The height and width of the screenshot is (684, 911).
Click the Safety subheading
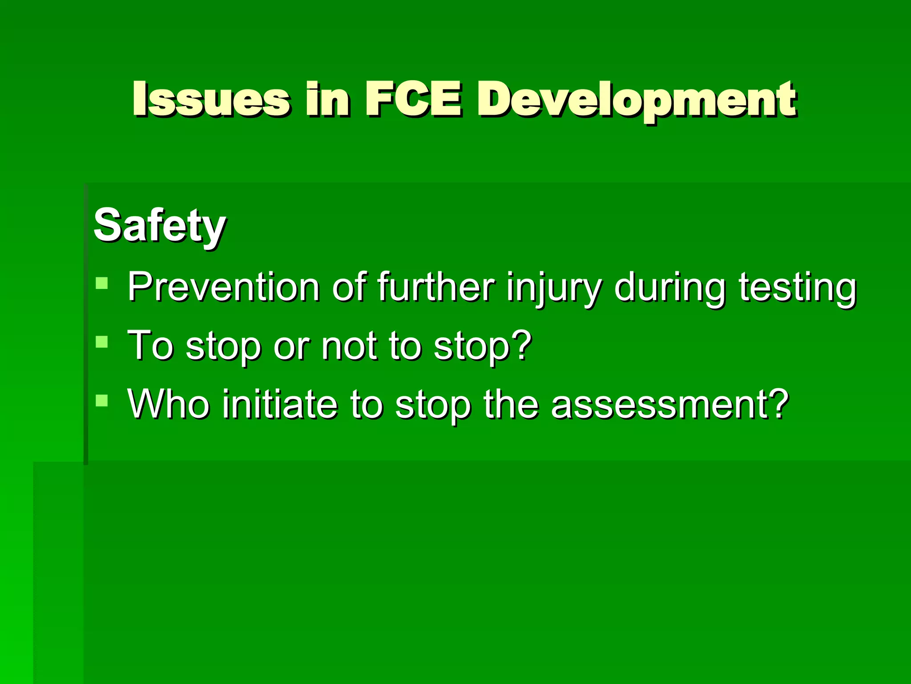pyautogui.click(x=160, y=226)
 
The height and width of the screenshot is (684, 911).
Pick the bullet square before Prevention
pyautogui.click(x=102, y=283)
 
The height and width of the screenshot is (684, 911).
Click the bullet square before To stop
pyautogui.click(x=102, y=342)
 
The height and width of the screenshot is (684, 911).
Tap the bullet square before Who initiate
pyautogui.click(x=102, y=400)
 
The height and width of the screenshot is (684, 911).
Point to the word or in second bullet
pyautogui.click(x=291, y=346)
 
